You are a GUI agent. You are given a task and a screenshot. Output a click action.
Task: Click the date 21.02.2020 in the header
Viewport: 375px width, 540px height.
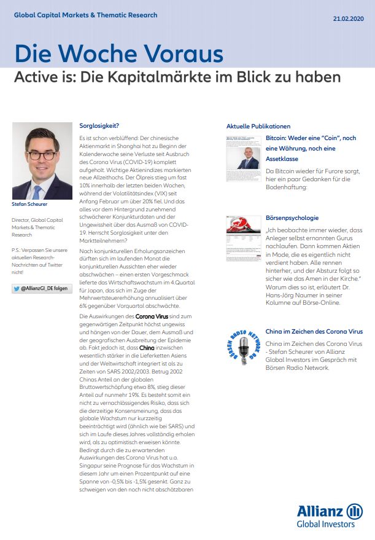pos(348,19)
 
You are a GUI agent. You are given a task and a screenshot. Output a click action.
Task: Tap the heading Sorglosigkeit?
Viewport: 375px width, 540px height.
pos(99,125)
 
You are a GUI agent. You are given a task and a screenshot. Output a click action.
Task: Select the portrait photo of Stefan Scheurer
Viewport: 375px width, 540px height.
pos(42,161)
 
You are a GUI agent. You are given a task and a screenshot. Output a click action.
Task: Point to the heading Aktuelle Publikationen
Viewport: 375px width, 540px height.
pos(258,126)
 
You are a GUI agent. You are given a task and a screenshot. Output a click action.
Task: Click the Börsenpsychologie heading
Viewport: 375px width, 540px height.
pos(292,217)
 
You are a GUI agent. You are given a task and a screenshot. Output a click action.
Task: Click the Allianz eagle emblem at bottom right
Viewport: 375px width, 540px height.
pos(354,512)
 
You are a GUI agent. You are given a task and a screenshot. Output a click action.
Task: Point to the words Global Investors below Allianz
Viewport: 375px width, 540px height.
pos(325,524)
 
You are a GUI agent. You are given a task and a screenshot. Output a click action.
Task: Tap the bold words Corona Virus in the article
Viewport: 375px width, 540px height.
pos(152,315)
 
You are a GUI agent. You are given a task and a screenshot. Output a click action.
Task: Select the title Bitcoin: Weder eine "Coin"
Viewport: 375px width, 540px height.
pos(311,138)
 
